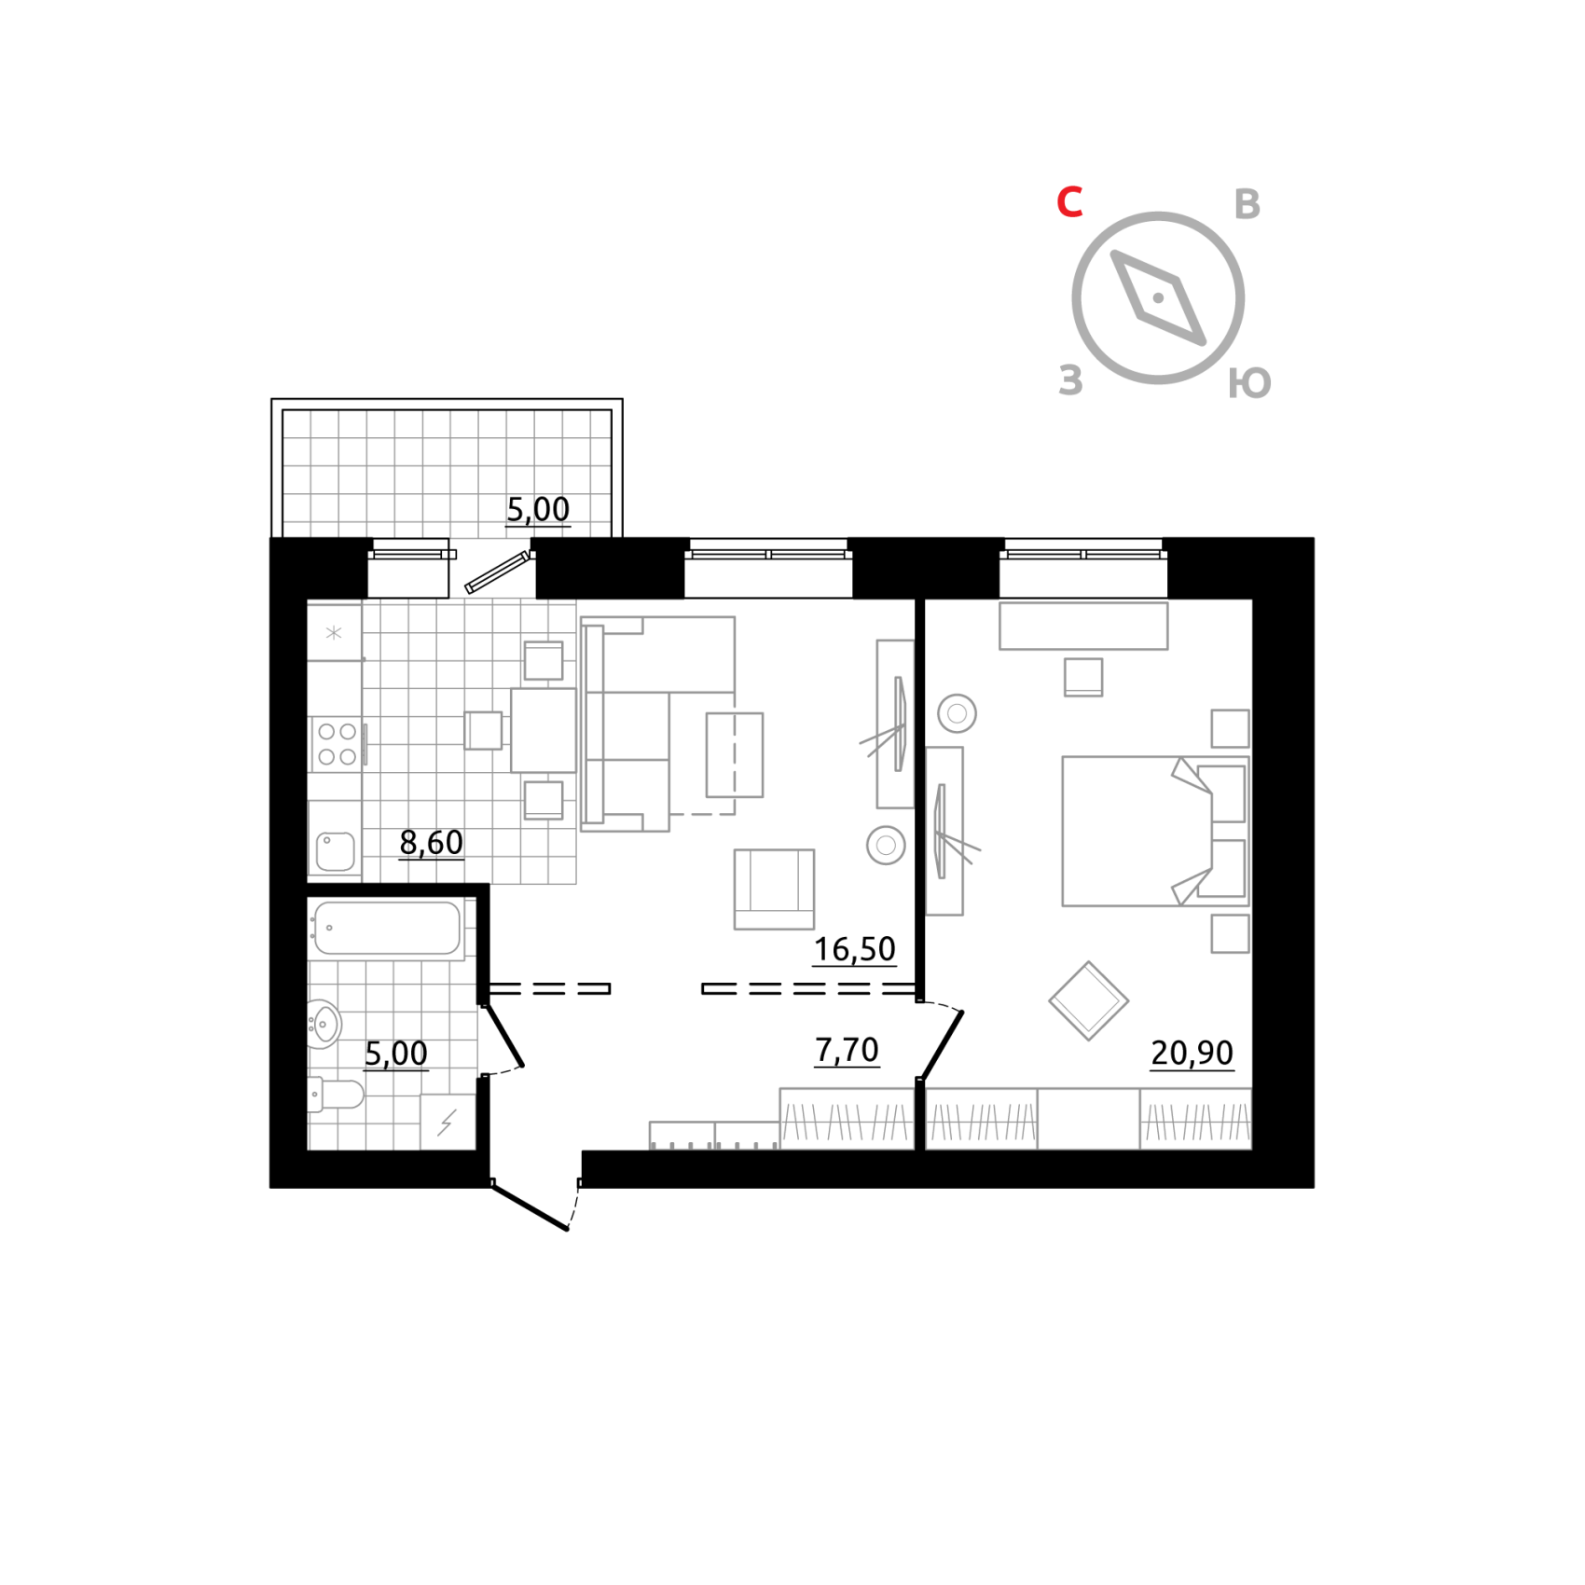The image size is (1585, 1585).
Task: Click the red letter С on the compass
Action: pyautogui.click(x=1069, y=201)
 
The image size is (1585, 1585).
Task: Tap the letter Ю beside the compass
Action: pyautogui.click(x=1249, y=382)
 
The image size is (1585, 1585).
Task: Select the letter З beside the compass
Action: pyautogui.click(x=1070, y=380)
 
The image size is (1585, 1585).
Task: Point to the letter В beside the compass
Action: pyautogui.click(x=1247, y=204)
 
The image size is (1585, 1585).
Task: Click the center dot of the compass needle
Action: pyautogui.click(x=1158, y=298)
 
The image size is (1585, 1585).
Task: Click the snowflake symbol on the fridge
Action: pyautogui.click(x=334, y=633)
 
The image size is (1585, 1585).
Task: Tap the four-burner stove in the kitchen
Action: pyautogui.click(x=337, y=745)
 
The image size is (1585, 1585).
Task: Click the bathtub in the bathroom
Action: pyautogui.click(x=388, y=929)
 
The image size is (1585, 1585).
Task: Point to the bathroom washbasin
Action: pyautogui.click(x=324, y=1024)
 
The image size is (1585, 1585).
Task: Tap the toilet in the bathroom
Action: pyautogui.click(x=338, y=1095)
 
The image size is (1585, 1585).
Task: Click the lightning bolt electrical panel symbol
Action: pyautogui.click(x=448, y=1122)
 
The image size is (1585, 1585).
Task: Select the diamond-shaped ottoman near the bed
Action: pyautogui.click(x=1088, y=1000)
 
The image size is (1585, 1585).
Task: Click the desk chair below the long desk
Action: pyautogui.click(x=1083, y=677)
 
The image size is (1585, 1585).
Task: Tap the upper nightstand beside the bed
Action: pyautogui.click(x=1230, y=728)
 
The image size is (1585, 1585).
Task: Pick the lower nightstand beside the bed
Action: pyautogui.click(x=1230, y=933)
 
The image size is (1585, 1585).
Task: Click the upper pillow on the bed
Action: pyautogui.click(x=1223, y=792)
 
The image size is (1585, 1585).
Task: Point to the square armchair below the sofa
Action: pyautogui.click(x=774, y=889)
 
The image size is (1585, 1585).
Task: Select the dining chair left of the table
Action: pyautogui.click(x=484, y=730)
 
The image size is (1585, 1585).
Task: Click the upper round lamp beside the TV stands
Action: pyautogui.click(x=957, y=714)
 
